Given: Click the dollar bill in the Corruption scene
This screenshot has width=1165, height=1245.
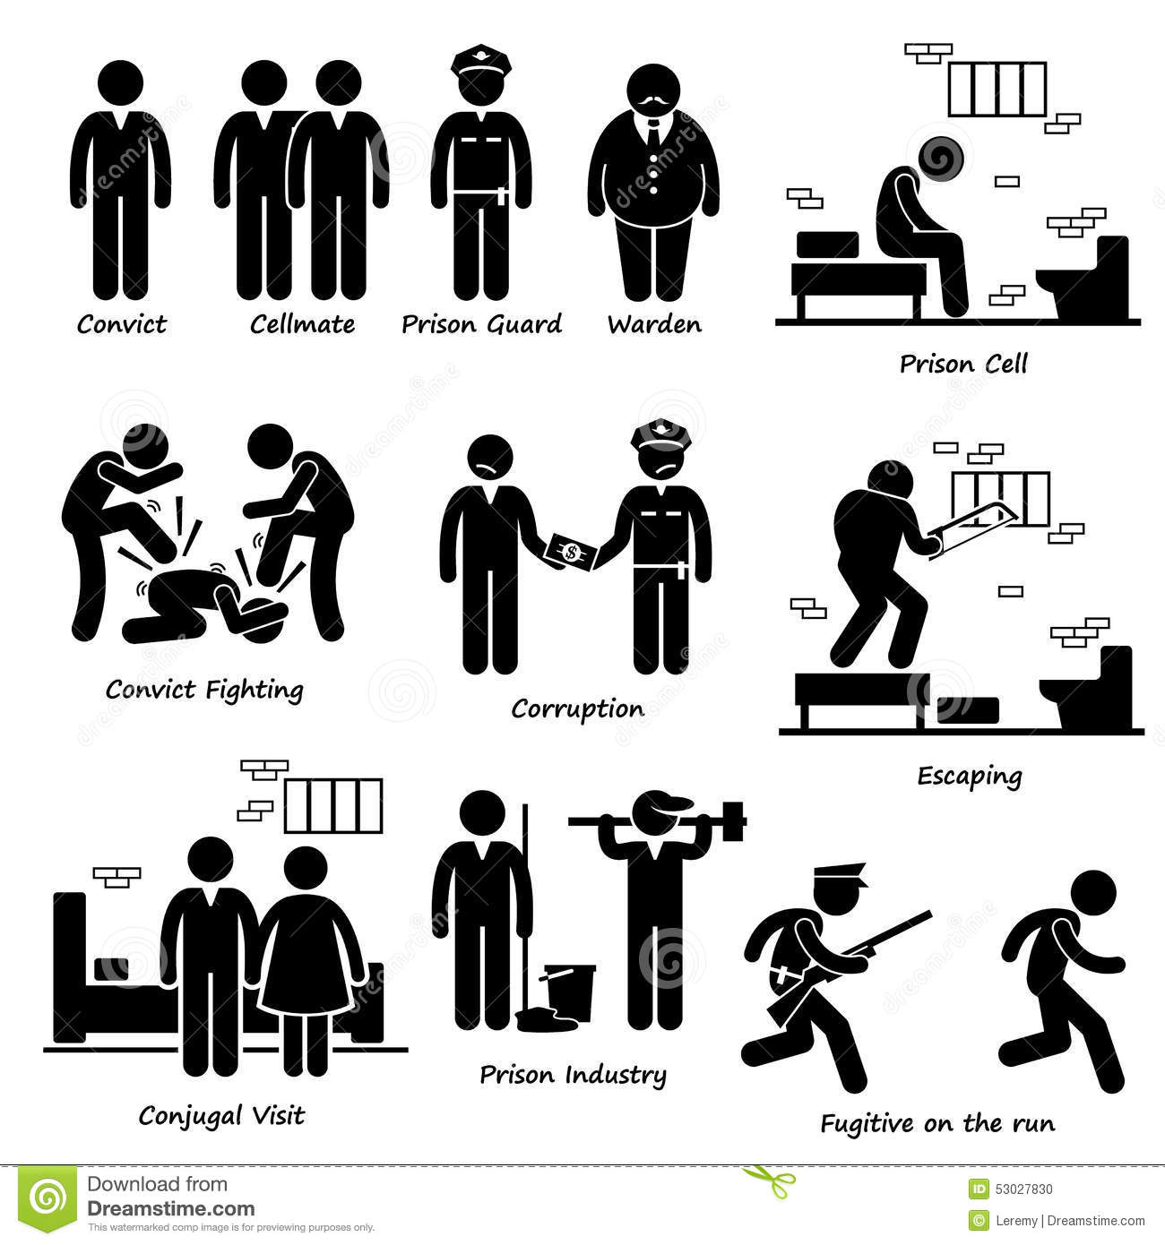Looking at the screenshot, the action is (x=571, y=552).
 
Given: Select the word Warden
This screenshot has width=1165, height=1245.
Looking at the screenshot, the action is (x=654, y=324).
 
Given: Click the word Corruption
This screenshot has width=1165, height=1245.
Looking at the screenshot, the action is (x=577, y=710).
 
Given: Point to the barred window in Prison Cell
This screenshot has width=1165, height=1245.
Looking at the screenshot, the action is (x=997, y=89).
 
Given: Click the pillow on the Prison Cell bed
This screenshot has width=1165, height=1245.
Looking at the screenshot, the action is (x=827, y=245).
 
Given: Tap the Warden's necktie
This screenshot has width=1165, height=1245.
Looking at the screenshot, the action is (x=654, y=133).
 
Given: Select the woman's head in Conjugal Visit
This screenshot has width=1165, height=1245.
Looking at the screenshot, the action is (x=306, y=868).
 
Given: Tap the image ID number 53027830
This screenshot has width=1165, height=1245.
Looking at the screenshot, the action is (x=1023, y=1189).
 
